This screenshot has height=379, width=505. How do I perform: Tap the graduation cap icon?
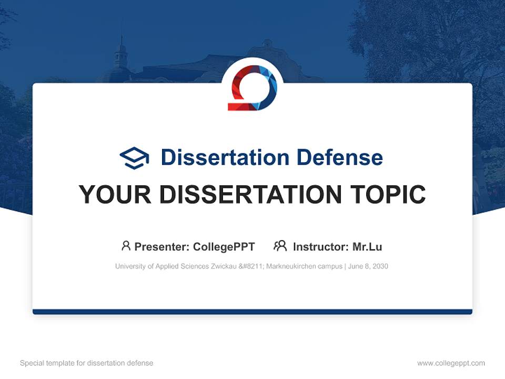134,158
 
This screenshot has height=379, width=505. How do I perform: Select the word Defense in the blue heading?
340,157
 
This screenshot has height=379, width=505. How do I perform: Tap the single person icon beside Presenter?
126,246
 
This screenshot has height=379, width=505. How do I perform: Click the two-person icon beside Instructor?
280,246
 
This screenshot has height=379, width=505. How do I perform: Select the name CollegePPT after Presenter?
224,247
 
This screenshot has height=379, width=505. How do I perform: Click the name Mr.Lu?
367,247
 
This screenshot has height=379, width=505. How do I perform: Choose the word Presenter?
162,247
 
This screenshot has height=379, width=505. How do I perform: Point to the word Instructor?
321,247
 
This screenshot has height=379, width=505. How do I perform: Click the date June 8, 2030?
368,266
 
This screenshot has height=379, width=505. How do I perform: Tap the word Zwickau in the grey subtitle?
224,266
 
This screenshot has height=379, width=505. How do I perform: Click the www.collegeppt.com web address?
451,363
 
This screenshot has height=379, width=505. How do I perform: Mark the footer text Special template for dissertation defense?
86,363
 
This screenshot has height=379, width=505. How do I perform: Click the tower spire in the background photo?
122,41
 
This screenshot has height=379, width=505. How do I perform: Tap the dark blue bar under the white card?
252,312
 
